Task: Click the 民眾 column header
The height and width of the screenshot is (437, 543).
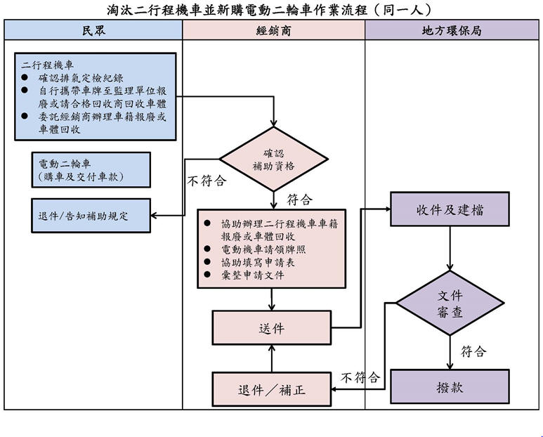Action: pos(93,30)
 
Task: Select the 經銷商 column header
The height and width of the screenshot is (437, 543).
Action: pos(273,30)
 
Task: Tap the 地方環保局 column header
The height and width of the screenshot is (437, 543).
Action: pos(452,30)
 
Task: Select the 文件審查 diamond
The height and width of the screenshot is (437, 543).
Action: pos(450,304)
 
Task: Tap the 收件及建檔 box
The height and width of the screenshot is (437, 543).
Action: pos(450,209)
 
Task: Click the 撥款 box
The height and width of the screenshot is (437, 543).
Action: pos(450,387)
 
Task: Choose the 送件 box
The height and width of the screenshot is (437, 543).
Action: pos(271,327)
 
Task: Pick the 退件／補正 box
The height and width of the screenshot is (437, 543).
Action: pos(271,389)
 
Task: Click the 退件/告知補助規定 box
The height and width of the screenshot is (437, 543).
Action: pos(91,216)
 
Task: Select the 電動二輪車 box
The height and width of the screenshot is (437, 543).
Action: pos(91,170)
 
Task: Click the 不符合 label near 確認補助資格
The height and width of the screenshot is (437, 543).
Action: pos(207,181)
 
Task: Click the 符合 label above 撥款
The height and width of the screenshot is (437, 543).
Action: pos(473,351)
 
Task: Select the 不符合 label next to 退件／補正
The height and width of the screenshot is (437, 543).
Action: pos(360,377)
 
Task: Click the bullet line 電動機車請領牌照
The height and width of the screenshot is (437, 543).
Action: pos(263,249)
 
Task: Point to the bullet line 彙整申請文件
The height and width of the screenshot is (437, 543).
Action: pos(252,275)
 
